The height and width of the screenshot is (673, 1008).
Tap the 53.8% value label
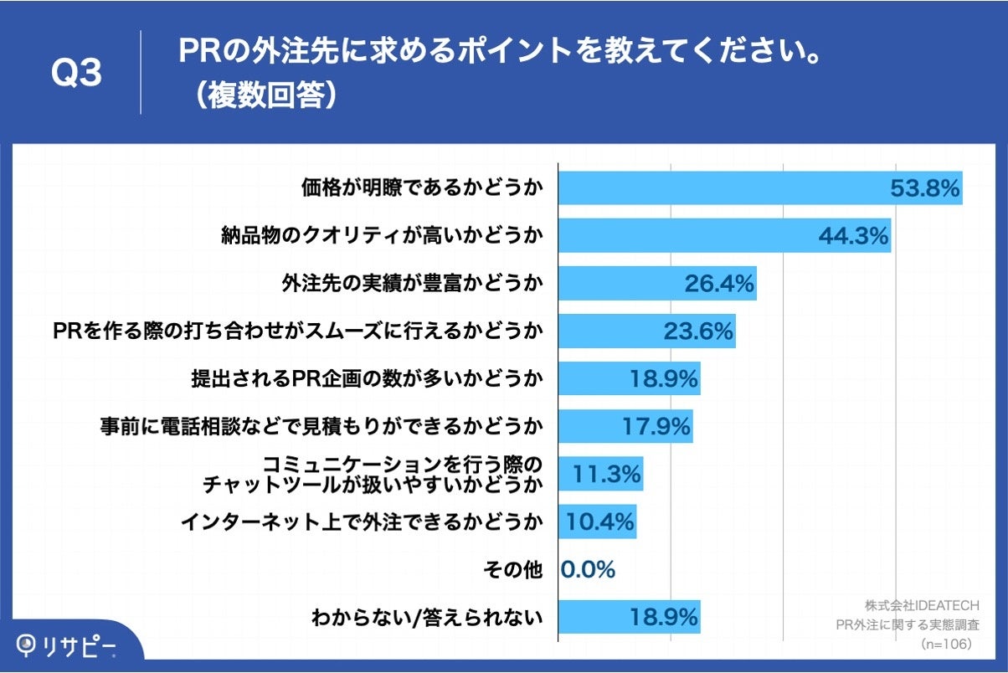tap(923, 189)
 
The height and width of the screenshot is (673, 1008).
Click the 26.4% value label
tap(720, 284)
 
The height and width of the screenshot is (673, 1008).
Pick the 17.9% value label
tap(656, 427)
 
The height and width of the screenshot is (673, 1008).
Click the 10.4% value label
tap(600, 522)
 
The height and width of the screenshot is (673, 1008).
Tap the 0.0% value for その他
tap(588, 570)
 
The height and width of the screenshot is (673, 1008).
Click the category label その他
tap(512, 570)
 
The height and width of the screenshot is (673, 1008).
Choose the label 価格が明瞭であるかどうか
tap(421, 189)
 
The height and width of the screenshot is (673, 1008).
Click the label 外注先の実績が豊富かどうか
tap(411, 284)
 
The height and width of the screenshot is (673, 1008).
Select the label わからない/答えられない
tap(427, 619)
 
